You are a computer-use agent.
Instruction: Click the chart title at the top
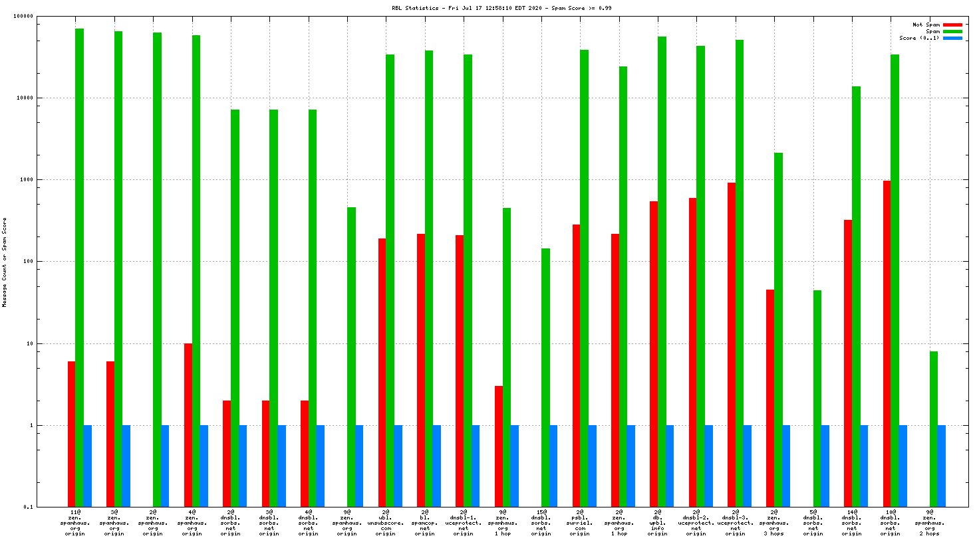(501, 8)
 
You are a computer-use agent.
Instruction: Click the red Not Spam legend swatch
(952, 25)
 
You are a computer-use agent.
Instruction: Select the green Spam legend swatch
(952, 32)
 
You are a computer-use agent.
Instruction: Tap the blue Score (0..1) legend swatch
(952, 39)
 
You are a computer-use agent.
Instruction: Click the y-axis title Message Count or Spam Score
(5, 262)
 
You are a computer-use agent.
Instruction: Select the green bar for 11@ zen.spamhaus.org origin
(79, 266)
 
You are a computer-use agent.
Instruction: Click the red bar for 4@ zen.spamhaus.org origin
(188, 425)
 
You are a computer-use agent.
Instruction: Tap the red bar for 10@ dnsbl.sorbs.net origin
(887, 343)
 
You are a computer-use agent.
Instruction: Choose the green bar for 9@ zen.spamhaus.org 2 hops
(934, 429)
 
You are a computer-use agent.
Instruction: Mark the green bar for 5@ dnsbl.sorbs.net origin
(817, 399)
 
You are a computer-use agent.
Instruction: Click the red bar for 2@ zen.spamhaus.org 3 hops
(770, 399)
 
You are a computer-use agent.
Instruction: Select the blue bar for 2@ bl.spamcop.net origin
(436, 466)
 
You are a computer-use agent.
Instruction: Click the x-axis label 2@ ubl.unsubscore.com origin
(386, 523)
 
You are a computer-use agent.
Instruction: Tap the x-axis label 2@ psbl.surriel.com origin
(580, 523)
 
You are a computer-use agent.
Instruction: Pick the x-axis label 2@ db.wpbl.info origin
(658, 523)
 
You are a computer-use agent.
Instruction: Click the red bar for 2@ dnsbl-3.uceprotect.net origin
(732, 345)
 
